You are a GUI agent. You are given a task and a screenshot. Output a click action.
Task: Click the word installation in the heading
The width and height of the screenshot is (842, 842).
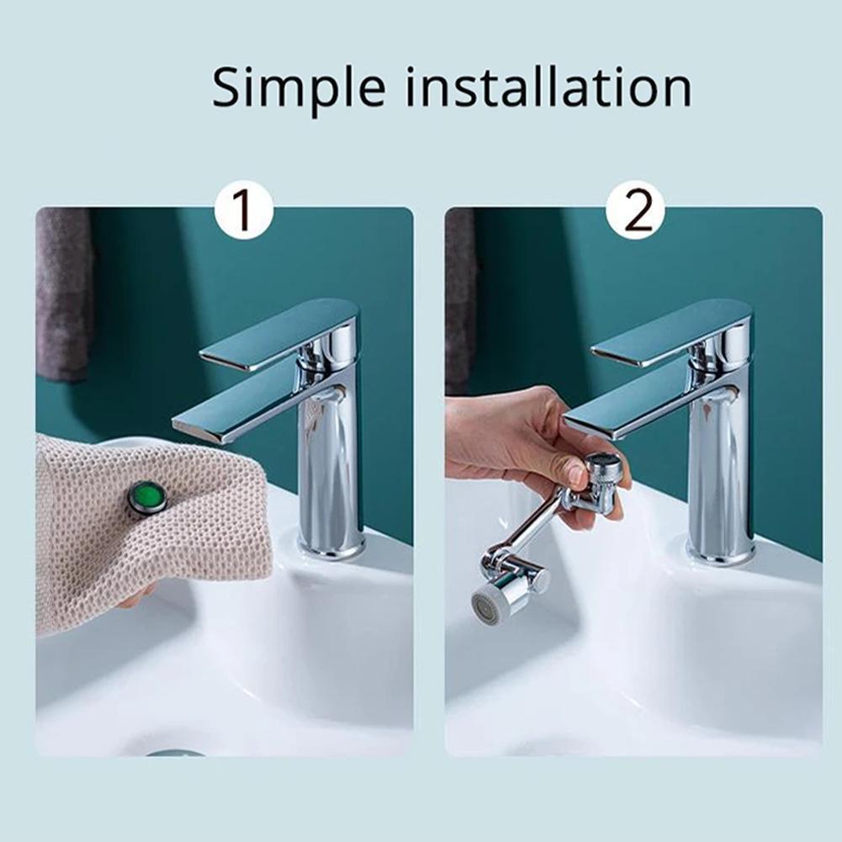coord(548,87)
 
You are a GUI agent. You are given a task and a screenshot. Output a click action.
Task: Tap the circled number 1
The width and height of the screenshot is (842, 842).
coord(243,209)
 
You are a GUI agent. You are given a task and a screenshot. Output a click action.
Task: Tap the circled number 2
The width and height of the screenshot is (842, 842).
coord(634,209)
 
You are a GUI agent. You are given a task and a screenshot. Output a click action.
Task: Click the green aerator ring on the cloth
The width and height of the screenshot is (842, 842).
coord(148,496)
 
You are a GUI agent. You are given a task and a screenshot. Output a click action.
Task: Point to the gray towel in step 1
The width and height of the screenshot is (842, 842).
coord(63,294)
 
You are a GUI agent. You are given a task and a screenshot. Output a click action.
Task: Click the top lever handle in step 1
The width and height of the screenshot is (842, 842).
coord(278,332)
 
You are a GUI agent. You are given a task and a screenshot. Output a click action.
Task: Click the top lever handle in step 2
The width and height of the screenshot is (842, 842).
coord(669,332)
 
